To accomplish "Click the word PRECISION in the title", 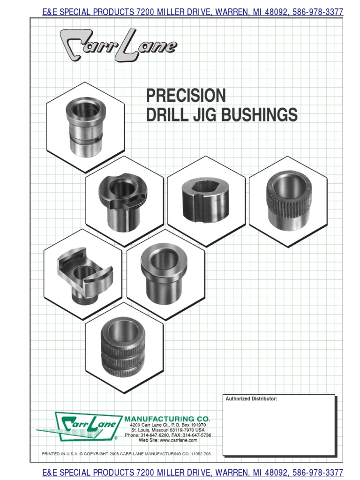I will [186, 96].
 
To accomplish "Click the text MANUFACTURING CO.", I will [167, 418].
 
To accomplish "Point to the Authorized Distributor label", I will [251, 399].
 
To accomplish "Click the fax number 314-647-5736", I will [197, 435].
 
